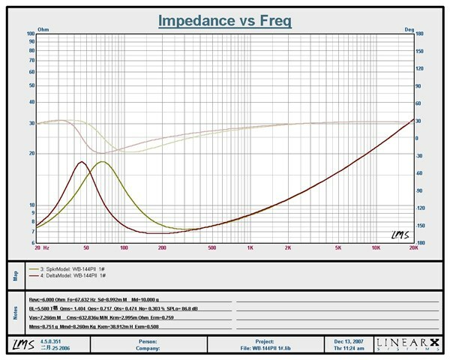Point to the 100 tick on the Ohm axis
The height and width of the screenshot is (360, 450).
tap(31, 34)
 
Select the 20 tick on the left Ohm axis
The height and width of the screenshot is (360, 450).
tap(31, 153)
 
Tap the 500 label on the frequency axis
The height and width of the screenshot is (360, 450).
tap(212, 246)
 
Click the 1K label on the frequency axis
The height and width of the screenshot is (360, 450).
tap(250, 246)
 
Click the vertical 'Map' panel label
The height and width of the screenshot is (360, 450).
tap(14, 271)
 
